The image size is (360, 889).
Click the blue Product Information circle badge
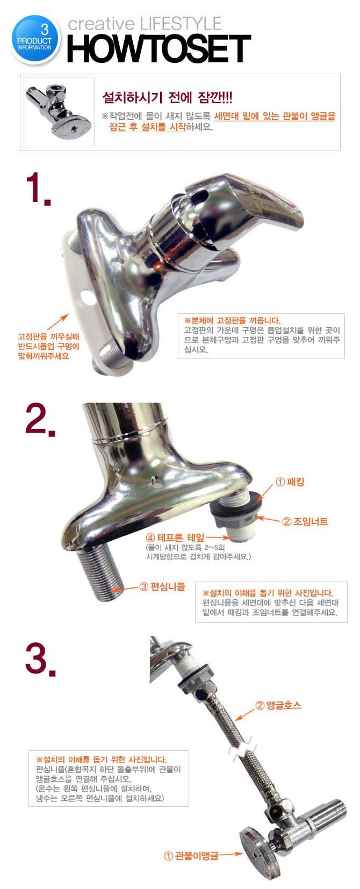tap(34, 39)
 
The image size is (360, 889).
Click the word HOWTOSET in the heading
tap(159, 48)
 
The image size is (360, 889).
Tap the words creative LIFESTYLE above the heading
tap(145, 24)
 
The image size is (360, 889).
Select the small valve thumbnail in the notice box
tap(59, 112)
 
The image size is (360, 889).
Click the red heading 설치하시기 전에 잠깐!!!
tap(168, 97)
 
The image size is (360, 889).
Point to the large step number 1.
tap(38, 189)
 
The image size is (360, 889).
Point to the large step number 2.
tap(40, 420)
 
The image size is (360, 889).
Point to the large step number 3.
tap(40, 659)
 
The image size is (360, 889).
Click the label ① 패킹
tap(290, 482)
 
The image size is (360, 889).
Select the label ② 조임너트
tap(305, 521)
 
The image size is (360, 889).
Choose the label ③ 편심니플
tap(162, 586)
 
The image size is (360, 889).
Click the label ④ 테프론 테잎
tap(175, 538)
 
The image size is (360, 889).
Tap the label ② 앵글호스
tap(278, 705)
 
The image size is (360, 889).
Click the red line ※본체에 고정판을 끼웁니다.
tap(233, 320)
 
